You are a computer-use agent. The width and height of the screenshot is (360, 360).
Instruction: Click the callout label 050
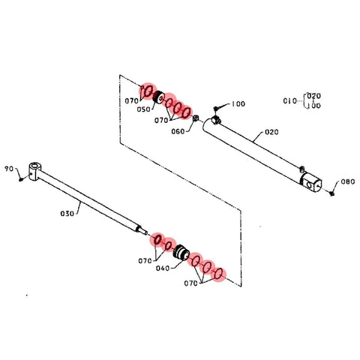143,109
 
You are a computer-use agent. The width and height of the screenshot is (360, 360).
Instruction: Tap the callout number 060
178,131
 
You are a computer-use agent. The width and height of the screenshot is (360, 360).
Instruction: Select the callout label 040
163,268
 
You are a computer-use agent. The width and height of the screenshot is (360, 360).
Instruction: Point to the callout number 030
67,214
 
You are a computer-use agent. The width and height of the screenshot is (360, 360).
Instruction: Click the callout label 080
348,181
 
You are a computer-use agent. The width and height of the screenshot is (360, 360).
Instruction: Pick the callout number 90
9,169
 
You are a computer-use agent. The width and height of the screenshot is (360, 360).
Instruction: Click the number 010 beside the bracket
290,100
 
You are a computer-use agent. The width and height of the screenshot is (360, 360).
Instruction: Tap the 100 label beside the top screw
238,103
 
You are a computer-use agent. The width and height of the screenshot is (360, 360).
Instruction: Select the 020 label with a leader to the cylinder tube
271,132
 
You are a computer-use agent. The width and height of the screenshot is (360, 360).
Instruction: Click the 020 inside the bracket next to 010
313,96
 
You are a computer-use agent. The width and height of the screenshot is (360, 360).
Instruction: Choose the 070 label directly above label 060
161,120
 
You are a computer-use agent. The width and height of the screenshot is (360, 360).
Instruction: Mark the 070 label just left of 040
145,261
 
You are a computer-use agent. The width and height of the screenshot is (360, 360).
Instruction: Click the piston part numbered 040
181,253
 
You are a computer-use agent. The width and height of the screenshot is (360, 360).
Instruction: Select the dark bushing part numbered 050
158,97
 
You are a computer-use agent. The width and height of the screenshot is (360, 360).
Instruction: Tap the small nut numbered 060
196,118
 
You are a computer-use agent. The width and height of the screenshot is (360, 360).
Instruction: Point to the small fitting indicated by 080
332,193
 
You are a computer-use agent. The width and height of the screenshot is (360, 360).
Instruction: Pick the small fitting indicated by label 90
21,178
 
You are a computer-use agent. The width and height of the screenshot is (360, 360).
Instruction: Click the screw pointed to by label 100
216,109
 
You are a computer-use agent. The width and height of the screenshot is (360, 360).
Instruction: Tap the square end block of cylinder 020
310,183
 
